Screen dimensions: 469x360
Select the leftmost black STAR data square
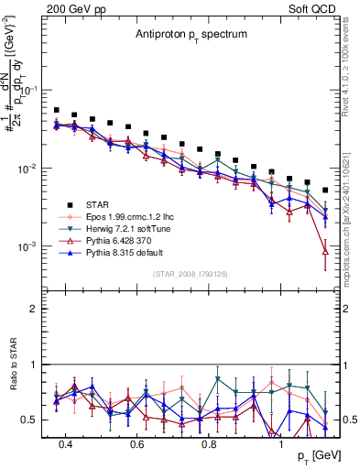[x=57, y=110]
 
